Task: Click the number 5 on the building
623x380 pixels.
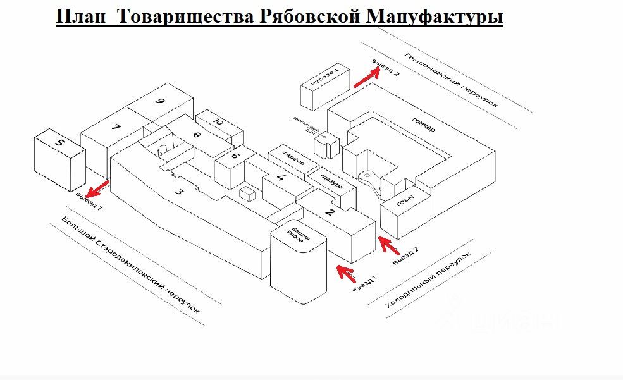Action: (x=59, y=142)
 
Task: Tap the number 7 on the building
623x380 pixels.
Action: (x=116, y=128)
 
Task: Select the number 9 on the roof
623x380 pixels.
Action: (x=161, y=101)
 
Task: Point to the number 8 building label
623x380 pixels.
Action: (x=197, y=134)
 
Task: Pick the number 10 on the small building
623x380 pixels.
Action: (x=219, y=121)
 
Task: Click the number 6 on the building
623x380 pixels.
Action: (x=235, y=156)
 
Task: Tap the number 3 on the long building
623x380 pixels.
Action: (x=180, y=192)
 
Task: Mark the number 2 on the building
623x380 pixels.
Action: (x=330, y=212)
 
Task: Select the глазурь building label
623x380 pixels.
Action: (x=331, y=180)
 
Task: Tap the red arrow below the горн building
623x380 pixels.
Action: (x=387, y=246)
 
